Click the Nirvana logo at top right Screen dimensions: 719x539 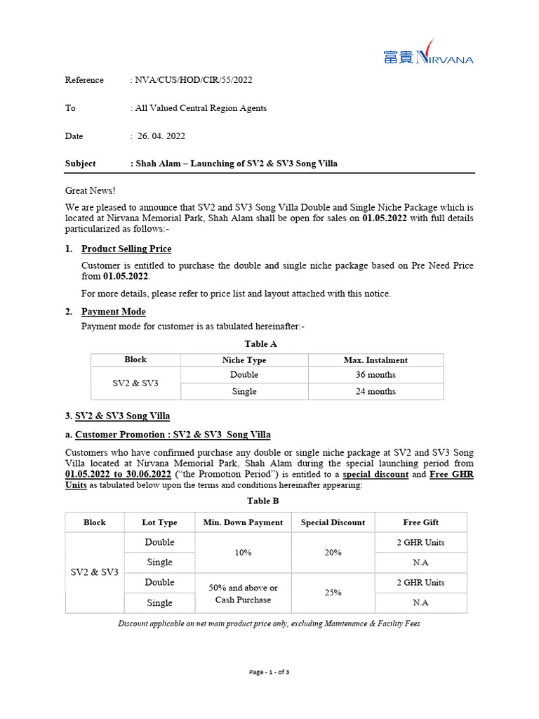(x=428, y=57)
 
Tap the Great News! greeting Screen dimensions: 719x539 (x=91, y=190)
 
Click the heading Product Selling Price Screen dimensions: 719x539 (x=126, y=249)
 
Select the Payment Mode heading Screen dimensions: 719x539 (x=114, y=312)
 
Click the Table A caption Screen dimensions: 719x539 (x=260, y=344)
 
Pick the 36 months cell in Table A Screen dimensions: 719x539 (x=375, y=375)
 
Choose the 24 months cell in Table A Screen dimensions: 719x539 (x=375, y=392)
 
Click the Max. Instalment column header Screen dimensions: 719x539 (x=375, y=360)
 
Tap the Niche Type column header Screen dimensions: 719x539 (x=244, y=360)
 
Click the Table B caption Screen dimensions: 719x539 (x=262, y=501)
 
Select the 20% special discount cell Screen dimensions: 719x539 (x=333, y=553)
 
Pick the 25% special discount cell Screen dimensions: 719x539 (x=333, y=593)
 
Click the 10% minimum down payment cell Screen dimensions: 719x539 (x=243, y=553)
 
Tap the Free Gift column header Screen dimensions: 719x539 (x=420, y=522)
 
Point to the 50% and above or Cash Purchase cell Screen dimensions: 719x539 (x=243, y=593)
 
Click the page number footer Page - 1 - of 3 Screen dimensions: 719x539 (x=269, y=672)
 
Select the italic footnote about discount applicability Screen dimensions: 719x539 (x=269, y=624)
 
